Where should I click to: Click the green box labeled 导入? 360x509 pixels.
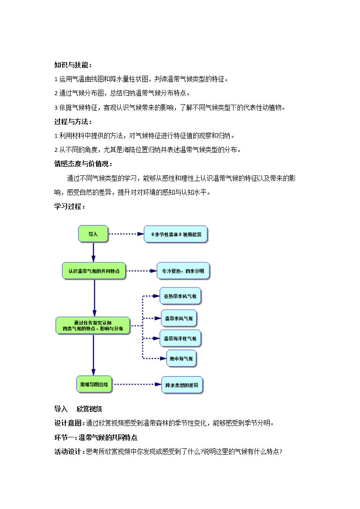coord(93,234)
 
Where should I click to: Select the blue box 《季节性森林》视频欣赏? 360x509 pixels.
coord(175,234)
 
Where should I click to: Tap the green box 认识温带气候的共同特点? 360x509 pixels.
coord(94,271)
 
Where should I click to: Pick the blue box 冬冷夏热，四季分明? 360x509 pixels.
coord(183,271)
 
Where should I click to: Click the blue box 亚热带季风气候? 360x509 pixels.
coord(180,296)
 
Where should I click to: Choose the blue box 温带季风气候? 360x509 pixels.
coord(179,319)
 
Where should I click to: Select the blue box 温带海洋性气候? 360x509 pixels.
coord(180,339)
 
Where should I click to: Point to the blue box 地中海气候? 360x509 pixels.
coord(181,359)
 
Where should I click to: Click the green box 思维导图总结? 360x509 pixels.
coord(94,384)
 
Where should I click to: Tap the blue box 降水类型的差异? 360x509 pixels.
coord(182,385)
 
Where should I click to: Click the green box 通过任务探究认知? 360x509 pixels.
coord(93,325)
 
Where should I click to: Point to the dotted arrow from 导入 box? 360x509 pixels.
coord(126,234)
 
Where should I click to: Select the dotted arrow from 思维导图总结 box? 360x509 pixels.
coord(138,384)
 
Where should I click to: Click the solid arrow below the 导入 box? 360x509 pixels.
coord(93,252)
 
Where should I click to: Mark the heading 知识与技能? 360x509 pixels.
coord(73,65)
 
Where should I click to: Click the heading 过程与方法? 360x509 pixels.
coord(73,122)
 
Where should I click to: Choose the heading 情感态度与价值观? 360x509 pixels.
coord(83,164)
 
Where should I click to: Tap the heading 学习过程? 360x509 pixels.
coord(69,207)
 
